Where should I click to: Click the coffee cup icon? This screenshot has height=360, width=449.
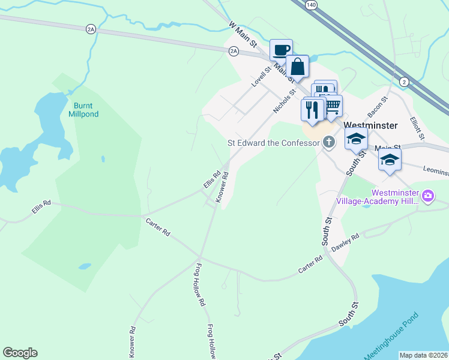[281, 50]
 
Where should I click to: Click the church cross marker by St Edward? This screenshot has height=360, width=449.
[328, 142]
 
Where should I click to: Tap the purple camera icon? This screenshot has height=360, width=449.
[427, 196]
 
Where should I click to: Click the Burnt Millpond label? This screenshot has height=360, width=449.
[83, 109]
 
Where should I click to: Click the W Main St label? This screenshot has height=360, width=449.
[243, 35]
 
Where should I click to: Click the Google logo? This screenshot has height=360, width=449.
[20, 353]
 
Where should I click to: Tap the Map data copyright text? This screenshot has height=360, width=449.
[423, 355]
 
